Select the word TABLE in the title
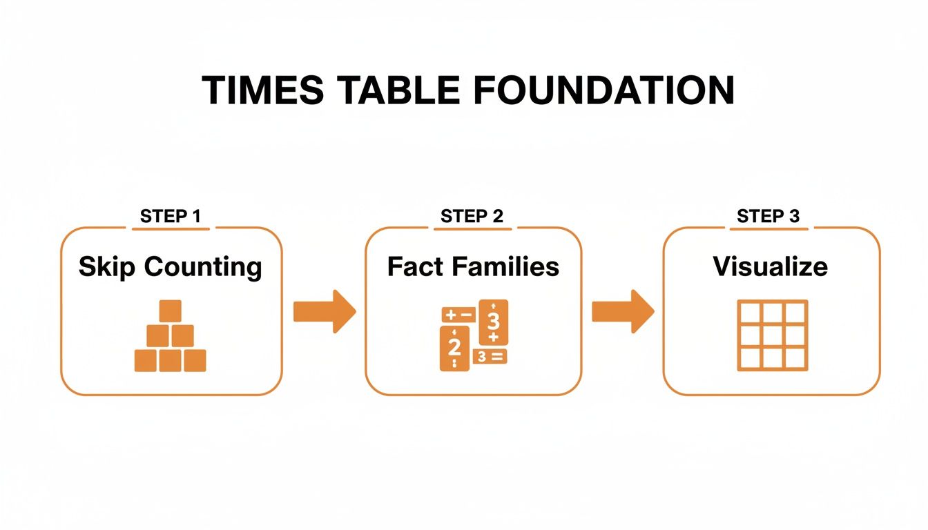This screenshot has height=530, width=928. click(389, 90)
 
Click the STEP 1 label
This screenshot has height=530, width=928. click(171, 216)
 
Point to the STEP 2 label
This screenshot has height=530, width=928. click(472, 216)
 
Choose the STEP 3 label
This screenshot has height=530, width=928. click(768, 216)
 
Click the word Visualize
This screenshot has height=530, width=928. click(770, 266)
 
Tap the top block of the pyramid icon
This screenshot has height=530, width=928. click(170, 311)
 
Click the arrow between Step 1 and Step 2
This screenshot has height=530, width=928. click(324, 312)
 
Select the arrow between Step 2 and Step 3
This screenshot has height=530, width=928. click(622, 312)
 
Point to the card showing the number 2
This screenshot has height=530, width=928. click(454, 349)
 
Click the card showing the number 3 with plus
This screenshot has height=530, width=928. click(493, 322)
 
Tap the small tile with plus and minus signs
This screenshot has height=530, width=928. click(456, 315)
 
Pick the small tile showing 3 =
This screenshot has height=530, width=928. click(489, 356)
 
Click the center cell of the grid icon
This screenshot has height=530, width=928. click(772, 335)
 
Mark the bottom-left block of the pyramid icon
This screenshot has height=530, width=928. click(146, 360)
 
